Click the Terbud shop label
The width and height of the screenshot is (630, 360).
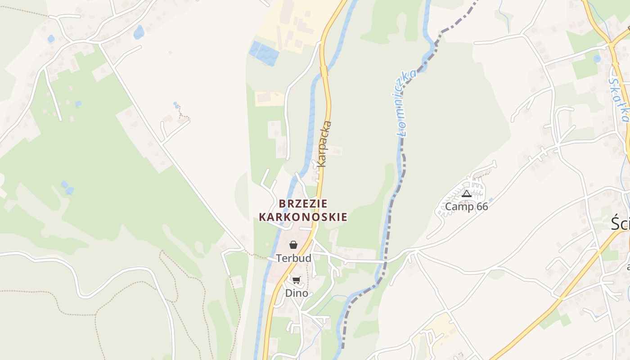pyautogui.click(x=293, y=258)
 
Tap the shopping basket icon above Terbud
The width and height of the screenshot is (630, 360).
pyautogui.click(x=293, y=245)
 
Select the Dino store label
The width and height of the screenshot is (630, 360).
pyautogui.click(x=297, y=293)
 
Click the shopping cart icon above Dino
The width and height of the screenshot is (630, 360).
pyautogui.click(x=296, y=280)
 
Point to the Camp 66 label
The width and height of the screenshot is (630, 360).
pyautogui.click(x=466, y=207)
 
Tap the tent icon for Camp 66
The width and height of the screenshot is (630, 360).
pyautogui.click(x=467, y=194)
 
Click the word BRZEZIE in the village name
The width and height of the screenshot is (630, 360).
pyautogui.click(x=303, y=204)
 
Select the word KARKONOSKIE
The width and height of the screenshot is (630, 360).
pyautogui.click(x=303, y=217)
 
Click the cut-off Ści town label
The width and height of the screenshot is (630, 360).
pyautogui.click(x=620, y=224)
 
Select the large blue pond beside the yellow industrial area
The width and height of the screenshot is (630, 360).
pyautogui.click(x=265, y=54)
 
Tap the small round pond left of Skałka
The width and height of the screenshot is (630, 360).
pyautogui.click(x=597, y=58)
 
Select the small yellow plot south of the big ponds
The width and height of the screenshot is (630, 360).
pyautogui.click(x=269, y=98)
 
